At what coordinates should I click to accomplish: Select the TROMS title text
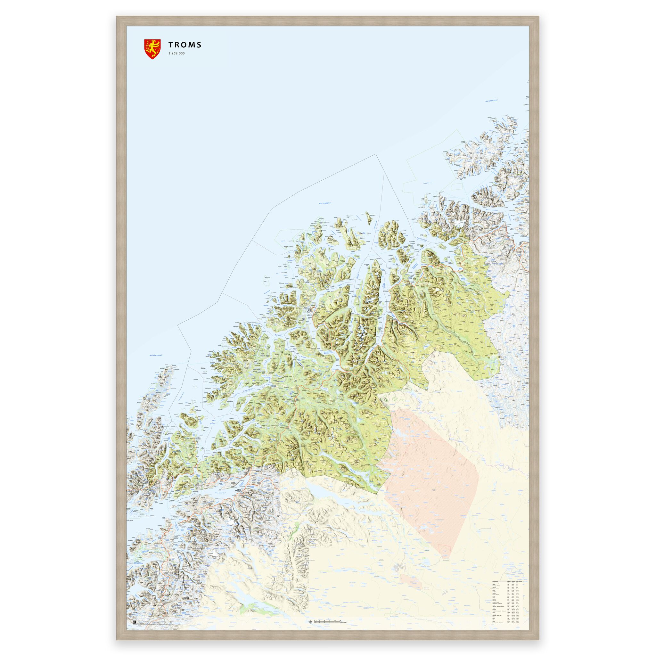pyautogui.click(x=185, y=45)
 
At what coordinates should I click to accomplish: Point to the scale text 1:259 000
pyautogui.click(x=176, y=53)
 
